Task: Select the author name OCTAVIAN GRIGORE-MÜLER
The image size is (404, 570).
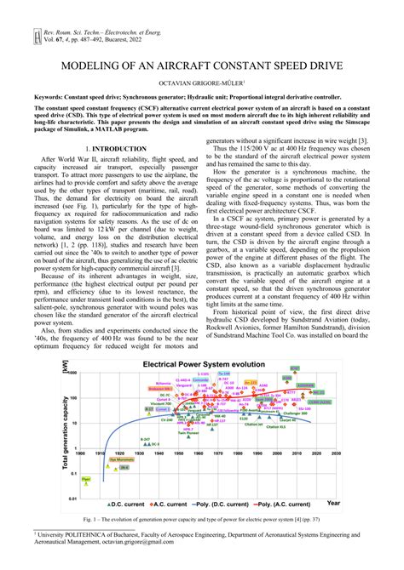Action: [x=201, y=83]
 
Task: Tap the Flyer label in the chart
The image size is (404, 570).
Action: [x=85, y=480]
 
